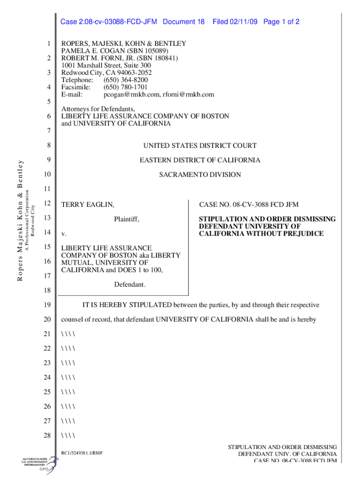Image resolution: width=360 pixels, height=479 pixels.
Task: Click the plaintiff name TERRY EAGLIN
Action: [88, 204]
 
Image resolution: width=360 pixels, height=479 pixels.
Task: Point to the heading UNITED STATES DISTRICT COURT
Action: [200, 146]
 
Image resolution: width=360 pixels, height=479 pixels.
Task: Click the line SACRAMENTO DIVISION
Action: [200, 175]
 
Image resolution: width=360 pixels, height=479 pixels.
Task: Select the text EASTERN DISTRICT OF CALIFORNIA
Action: [200, 160]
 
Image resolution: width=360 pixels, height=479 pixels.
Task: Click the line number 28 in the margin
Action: [47, 436]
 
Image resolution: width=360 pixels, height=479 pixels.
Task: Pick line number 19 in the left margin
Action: [47, 305]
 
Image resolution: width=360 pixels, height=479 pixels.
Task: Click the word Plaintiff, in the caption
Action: [127, 219]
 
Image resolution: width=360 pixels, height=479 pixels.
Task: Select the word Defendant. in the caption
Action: [130, 284]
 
